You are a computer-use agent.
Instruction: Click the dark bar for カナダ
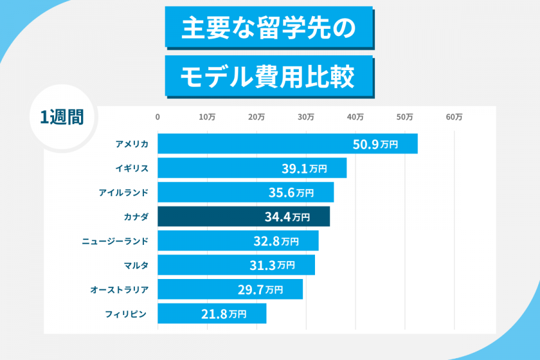click(x=244, y=217)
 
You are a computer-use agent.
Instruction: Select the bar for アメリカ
click(x=287, y=144)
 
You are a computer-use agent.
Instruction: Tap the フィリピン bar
click(x=212, y=313)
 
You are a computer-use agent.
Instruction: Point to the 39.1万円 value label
click(x=304, y=169)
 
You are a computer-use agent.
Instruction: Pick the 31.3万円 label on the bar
click(x=272, y=265)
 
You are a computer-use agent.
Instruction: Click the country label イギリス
click(x=132, y=169)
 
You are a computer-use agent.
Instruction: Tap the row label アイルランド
click(x=124, y=193)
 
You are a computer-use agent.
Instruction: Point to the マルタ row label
click(x=136, y=265)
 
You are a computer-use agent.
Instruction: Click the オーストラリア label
click(x=119, y=289)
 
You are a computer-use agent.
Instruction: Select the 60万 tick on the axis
click(x=454, y=118)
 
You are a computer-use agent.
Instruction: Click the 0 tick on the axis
click(x=158, y=118)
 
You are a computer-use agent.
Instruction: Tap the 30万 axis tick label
click(x=306, y=118)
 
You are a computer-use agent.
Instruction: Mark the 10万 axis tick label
click(x=207, y=118)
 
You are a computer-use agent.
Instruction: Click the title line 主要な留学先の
click(x=269, y=27)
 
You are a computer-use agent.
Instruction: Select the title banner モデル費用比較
click(x=269, y=76)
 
